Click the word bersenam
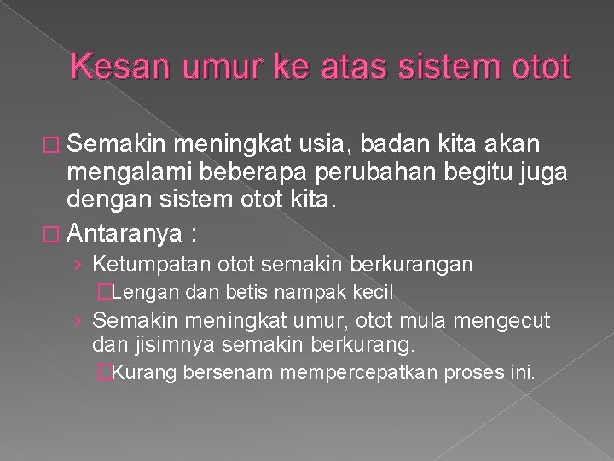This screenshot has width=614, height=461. click(x=223, y=373)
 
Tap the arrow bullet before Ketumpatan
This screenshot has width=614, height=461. click(x=78, y=265)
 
